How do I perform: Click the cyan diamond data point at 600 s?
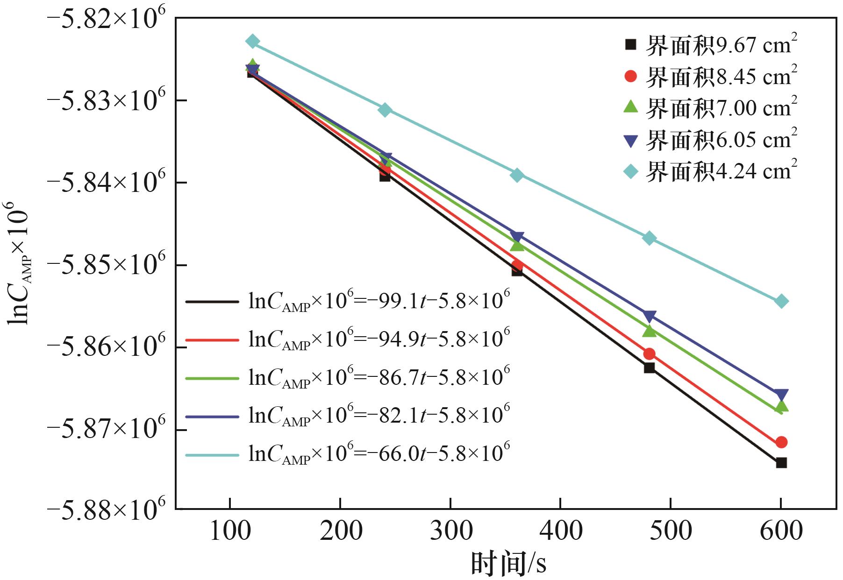click(x=781, y=301)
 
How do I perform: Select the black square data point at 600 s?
click(x=781, y=463)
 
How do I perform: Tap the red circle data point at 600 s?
click(x=781, y=442)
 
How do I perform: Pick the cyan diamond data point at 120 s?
click(x=252, y=42)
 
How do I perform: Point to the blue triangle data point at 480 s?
click(x=649, y=316)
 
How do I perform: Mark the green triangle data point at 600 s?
click(x=781, y=407)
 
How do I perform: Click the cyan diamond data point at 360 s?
click(x=517, y=175)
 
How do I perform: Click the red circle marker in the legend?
click(x=630, y=76)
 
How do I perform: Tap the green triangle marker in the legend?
click(x=630, y=106)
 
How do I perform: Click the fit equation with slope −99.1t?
click(x=379, y=302)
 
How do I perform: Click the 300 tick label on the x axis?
click(x=450, y=531)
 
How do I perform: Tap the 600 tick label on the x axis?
click(x=780, y=531)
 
